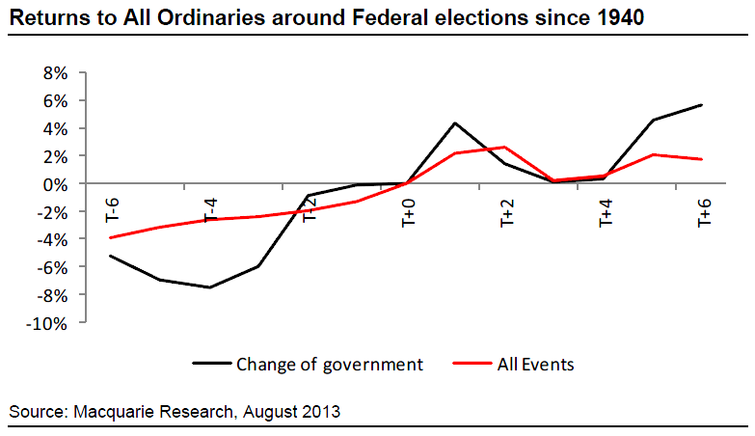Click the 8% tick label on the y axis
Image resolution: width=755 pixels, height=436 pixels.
pyautogui.click(x=53, y=72)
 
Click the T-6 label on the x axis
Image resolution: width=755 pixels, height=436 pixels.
pyautogui.click(x=111, y=210)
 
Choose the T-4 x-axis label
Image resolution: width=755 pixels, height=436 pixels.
pyautogui.click(x=209, y=210)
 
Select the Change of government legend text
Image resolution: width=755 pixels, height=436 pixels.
pyautogui.click(x=330, y=365)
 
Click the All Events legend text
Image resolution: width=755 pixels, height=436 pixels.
pyautogui.click(x=534, y=365)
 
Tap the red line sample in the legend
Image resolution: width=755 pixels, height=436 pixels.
pyautogui.click(x=470, y=365)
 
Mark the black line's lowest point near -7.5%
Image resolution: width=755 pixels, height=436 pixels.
pyautogui.click(x=209, y=287)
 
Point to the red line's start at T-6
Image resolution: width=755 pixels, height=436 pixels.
pyautogui.click(x=111, y=237)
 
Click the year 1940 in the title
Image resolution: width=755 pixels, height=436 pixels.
pyautogui.click(x=617, y=17)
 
